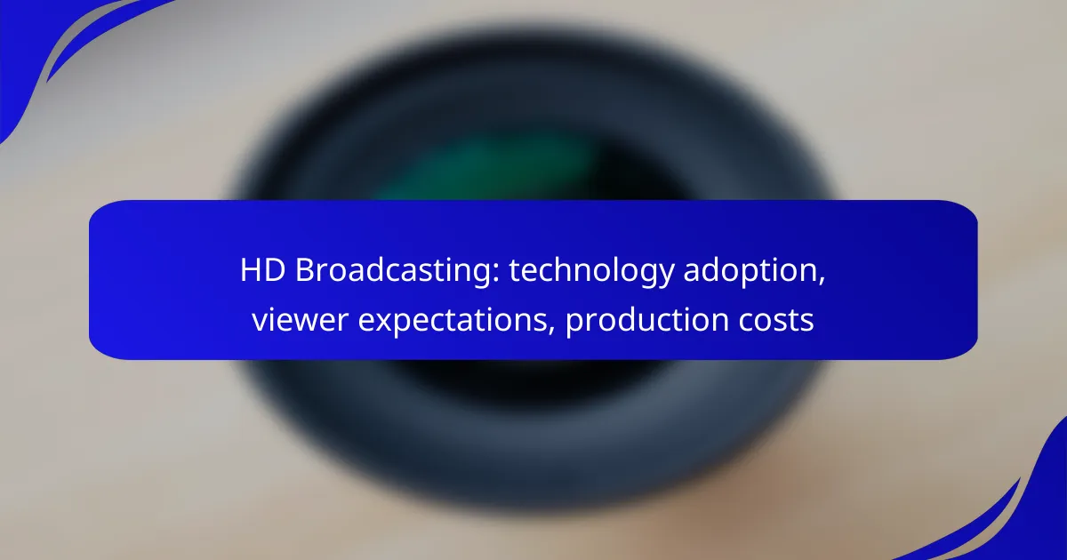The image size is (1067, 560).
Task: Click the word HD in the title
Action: [262, 270]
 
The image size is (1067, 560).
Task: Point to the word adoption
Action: [750, 271]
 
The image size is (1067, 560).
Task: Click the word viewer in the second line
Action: [301, 319]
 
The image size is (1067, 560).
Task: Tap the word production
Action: [647, 321]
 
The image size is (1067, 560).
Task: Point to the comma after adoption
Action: [822, 281]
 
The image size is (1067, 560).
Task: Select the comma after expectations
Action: [551, 330]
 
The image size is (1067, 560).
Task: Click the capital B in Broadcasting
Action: [305, 270]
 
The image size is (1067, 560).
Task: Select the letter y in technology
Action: [665, 276]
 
